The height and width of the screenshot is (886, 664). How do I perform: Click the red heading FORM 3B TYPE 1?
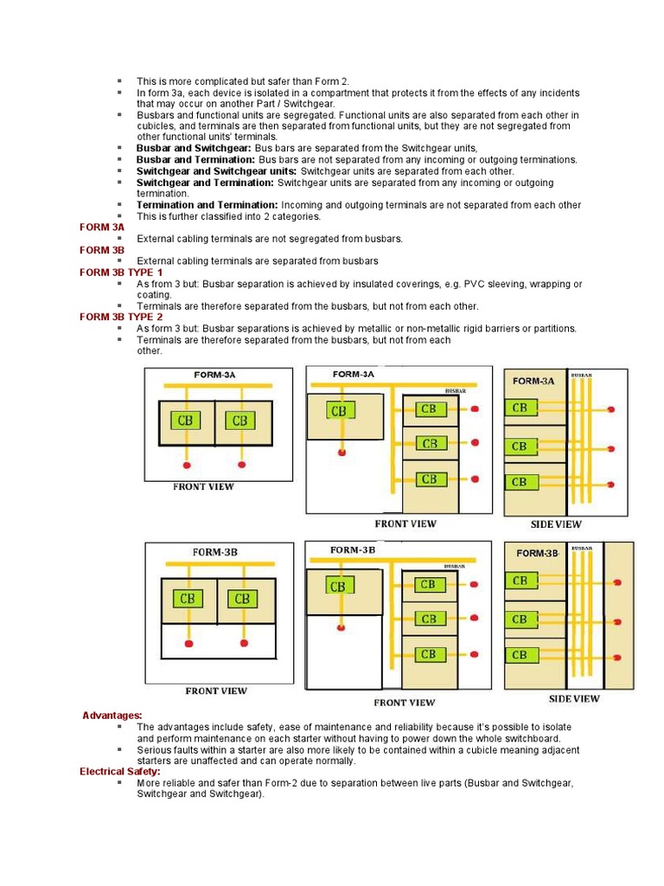point(121,273)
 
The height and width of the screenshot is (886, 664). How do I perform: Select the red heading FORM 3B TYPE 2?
point(121,318)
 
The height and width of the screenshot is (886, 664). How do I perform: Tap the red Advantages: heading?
point(112,716)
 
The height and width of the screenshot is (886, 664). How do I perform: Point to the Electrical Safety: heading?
point(120,772)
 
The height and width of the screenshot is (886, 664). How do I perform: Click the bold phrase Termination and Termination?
point(194,205)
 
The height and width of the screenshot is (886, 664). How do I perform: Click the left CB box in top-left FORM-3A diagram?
point(185,421)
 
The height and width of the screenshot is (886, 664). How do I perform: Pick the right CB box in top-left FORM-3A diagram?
point(239,421)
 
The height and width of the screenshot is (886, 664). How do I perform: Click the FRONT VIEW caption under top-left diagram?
point(203,486)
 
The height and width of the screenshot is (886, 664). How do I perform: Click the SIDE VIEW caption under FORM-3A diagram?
point(556,524)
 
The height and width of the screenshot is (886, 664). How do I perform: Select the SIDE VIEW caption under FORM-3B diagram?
point(574,698)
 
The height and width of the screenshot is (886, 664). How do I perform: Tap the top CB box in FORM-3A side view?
point(520,407)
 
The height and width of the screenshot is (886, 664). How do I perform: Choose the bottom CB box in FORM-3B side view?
point(520,655)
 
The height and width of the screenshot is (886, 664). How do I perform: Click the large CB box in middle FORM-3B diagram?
point(337,587)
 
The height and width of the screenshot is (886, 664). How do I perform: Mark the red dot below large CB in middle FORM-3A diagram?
point(342,453)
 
